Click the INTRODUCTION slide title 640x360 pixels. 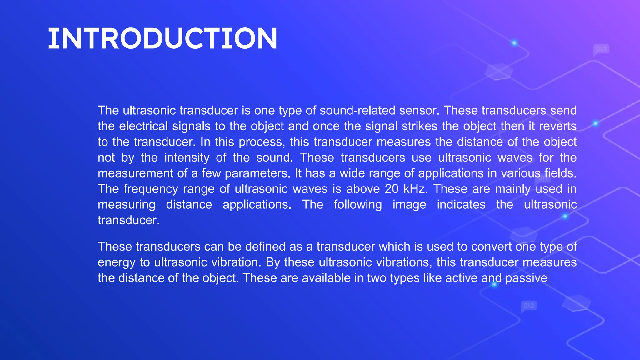point(162,39)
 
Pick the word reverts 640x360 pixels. point(558,126)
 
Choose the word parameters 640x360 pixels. point(258,173)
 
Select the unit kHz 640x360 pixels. point(415,189)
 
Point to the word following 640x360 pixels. point(358,205)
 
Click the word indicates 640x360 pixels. point(461,205)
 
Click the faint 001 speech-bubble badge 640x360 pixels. point(601,49)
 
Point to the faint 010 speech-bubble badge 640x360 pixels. point(529,306)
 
